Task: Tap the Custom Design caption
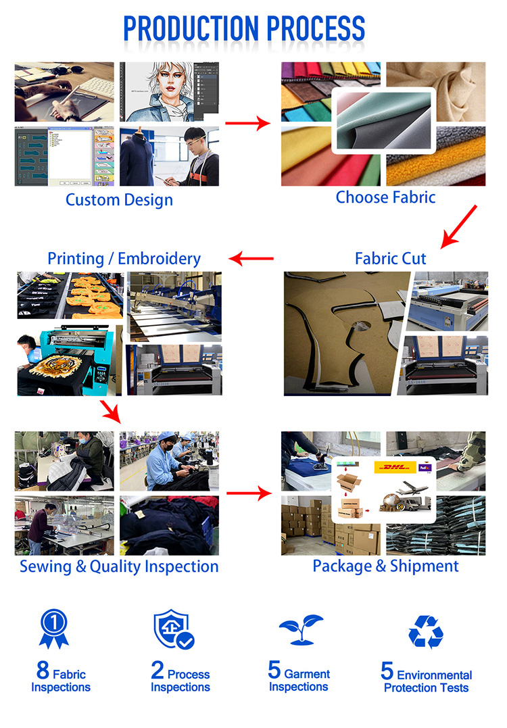click(120, 199)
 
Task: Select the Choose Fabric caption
click(385, 197)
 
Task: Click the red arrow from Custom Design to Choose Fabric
click(248, 124)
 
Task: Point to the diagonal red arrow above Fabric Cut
click(458, 226)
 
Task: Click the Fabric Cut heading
click(391, 259)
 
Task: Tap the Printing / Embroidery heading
click(124, 259)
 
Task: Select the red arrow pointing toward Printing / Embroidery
click(251, 259)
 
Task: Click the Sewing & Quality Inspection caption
click(119, 566)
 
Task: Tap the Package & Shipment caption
click(385, 566)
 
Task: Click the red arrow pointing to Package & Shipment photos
click(249, 493)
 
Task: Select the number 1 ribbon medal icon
click(54, 629)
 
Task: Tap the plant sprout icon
click(301, 629)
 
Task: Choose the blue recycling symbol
click(426, 631)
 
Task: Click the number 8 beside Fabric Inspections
click(43, 671)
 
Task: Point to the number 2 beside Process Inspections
click(158, 671)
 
